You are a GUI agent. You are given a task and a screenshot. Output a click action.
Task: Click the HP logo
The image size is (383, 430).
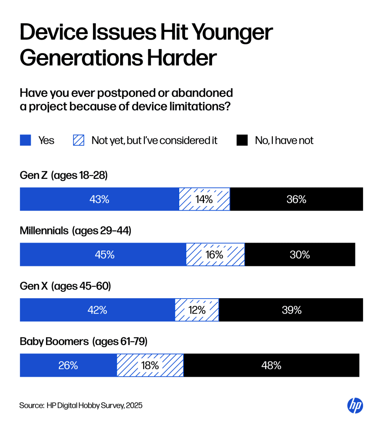click(355, 406)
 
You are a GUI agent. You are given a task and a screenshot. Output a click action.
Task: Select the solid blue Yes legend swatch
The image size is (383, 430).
click(25, 140)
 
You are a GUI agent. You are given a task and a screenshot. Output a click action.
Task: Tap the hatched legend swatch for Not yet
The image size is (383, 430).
click(79, 140)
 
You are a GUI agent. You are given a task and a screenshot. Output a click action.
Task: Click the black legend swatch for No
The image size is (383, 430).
click(242, 140)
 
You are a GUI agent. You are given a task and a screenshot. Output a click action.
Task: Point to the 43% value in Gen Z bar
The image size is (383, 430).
click(99, 199)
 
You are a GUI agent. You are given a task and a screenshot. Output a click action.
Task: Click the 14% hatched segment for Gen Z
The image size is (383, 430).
click(204, 199)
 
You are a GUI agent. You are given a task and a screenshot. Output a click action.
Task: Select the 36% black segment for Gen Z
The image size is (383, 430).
click(296, 199)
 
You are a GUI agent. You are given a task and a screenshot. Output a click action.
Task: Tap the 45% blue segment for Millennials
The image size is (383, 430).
click(104, 255)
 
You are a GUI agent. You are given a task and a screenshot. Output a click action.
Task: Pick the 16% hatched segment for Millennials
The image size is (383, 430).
click(215, 255)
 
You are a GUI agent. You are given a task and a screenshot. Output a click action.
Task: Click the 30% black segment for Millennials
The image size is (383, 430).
click(300, 255)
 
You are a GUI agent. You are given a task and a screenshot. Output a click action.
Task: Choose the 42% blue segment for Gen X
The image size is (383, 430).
click(97, 310)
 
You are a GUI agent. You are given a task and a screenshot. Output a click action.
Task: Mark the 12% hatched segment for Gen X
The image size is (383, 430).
click(197, 310)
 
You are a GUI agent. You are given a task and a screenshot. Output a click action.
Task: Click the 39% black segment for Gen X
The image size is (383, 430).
click(291, 310)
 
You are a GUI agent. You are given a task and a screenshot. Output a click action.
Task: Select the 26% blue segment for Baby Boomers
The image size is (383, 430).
click(68, 366)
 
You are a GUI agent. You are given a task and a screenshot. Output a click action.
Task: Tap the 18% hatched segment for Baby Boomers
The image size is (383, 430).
click(150, 366)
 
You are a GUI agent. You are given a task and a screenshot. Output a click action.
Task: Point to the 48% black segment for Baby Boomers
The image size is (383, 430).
click(271, 366)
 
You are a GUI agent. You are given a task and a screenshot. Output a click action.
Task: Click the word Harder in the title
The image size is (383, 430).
click(182, 58)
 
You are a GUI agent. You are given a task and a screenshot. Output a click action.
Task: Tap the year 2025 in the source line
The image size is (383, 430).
click(134, 405)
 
